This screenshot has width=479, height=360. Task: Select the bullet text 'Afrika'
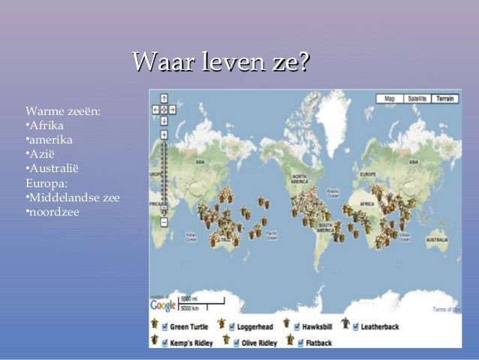click(x=46, y=126)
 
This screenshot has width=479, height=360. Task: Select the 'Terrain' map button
click(x=444, y=98)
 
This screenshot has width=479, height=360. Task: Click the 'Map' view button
click(x=389, y=98)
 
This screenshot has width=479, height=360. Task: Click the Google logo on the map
click(x=163, y=305)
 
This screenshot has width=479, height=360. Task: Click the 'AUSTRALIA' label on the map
click(x=436, y=240)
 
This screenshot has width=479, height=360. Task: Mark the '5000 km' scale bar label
click(x=191, y=308)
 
